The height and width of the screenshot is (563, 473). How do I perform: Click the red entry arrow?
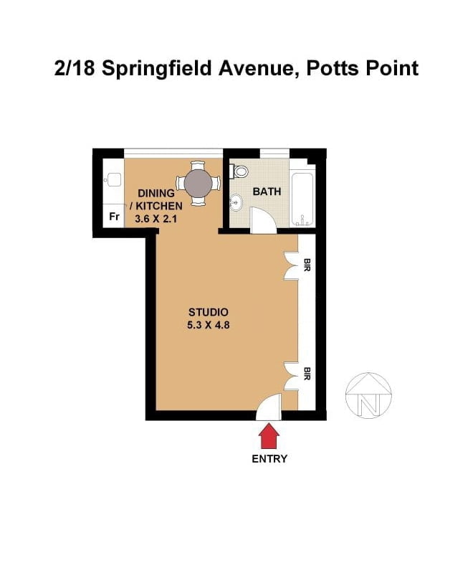[269, 436]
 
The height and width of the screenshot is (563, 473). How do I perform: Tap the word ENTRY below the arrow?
[269, 459]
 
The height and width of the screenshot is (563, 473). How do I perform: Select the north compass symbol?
[368, 395]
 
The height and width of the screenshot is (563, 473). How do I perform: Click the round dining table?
[198, 183]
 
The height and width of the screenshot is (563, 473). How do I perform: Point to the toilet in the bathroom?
[239, 171]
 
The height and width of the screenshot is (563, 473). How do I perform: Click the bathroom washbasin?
[236, 202]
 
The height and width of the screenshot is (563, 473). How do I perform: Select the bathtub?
[302, 199]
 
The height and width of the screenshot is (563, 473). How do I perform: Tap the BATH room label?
[267, 191]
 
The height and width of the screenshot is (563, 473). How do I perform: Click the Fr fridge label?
[114, 217]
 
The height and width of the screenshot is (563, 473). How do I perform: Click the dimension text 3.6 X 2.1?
[156, 218]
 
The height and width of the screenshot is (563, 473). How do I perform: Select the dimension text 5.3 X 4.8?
[208, 325]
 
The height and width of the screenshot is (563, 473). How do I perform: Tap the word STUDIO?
[209, 312]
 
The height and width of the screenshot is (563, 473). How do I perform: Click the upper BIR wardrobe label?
[307, 265]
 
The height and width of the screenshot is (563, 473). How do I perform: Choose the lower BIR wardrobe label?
[307, 374]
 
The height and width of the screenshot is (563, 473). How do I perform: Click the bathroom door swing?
[263, 220]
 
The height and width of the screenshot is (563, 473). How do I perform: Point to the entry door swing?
[269, 407]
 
